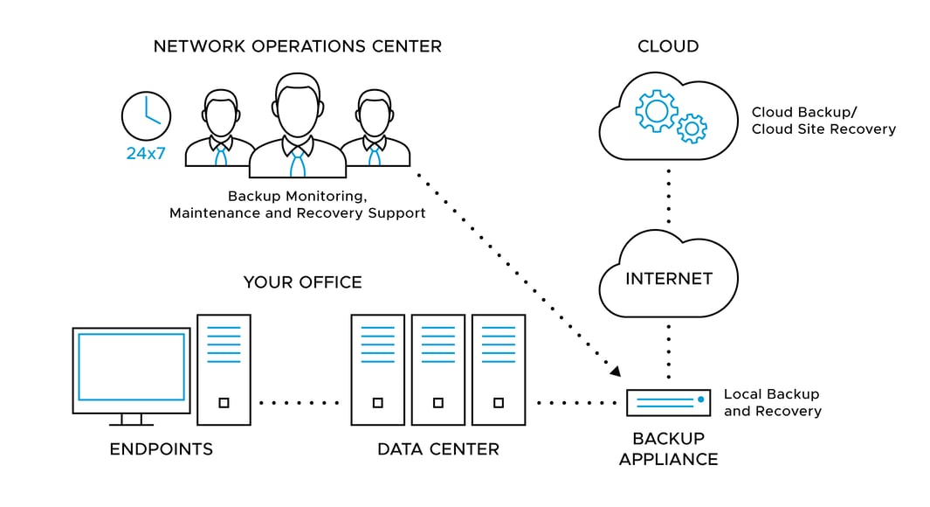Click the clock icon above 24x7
(x=146, y=115)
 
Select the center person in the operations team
(x=298, y=127)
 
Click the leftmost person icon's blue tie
(x=220, y=156)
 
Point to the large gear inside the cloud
(x=656, y=110)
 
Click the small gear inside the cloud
(x=692, y=128)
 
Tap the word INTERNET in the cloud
(x=669, y=279)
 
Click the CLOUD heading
(x=668, y=46)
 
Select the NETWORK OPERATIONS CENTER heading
(x=297, y=46)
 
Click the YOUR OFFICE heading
(x=302, y=282)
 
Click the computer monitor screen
(x=131, y=366)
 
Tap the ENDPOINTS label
(x=161, y=449)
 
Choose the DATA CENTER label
(x=437, y=449)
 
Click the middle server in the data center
(x=437, y=370)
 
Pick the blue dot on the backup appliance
(x=700, y=399)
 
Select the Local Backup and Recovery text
(x=772, y=403)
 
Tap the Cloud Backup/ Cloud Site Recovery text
(x=823, y=121)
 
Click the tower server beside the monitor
(x=224, y=370)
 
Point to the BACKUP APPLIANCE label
(x=668, y=448)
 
